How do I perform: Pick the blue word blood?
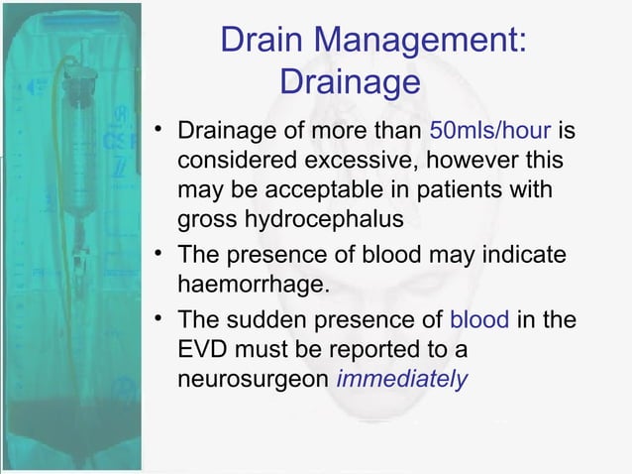[x=479, y=321]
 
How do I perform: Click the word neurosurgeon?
[x=252, y=378]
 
